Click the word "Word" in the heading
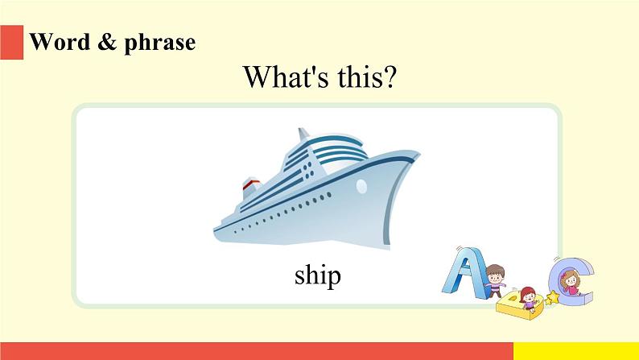[x=60, y=42]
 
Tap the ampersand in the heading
[x=107, y=42]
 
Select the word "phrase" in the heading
[x=159, y=43]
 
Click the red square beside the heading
[x=11, y=43]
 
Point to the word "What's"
[x=286, y=77]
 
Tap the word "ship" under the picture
[x=317, y=275]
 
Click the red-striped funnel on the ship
[x=251, y=188]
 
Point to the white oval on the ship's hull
[x=361, y=186]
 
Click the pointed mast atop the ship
[x=303, y=134]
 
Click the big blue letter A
[x=464, y=272]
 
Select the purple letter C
[x=572, y=281]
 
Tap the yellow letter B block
[x=519, y=307]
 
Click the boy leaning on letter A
[x=496, y=281]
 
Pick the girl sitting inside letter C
[x=570, y=283]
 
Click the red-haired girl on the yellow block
[x=528, y=300]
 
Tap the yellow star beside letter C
[x=552, y=298]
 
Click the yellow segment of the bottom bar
[x=576, y=351]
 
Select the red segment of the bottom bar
[x=257, y=351]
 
